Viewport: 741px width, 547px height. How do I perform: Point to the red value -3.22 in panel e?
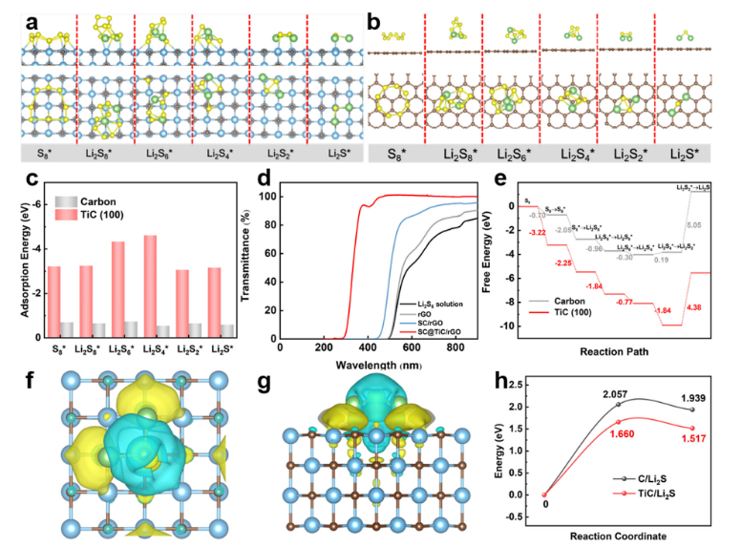[x=540, y=232]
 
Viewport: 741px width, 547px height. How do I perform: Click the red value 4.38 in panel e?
[x=692, y=306]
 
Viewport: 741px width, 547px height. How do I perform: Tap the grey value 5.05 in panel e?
[x=693, y=225]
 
